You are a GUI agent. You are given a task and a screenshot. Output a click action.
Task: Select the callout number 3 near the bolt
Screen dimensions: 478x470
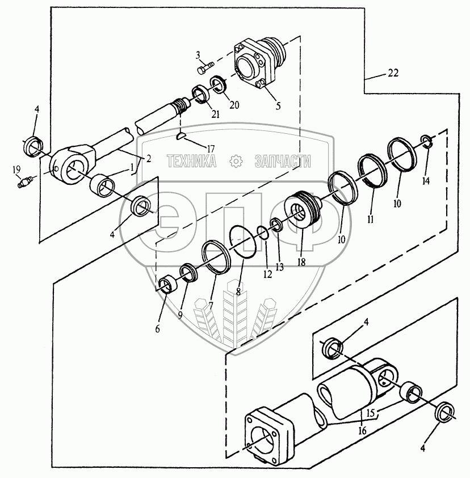[198, 54]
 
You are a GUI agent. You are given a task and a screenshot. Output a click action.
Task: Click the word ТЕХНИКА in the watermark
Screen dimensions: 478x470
[192, 162]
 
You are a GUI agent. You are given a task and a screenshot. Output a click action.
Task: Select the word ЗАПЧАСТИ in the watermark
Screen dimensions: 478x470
[283, 162]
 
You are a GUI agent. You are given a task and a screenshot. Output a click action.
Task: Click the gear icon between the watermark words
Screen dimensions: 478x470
[236, 162]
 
